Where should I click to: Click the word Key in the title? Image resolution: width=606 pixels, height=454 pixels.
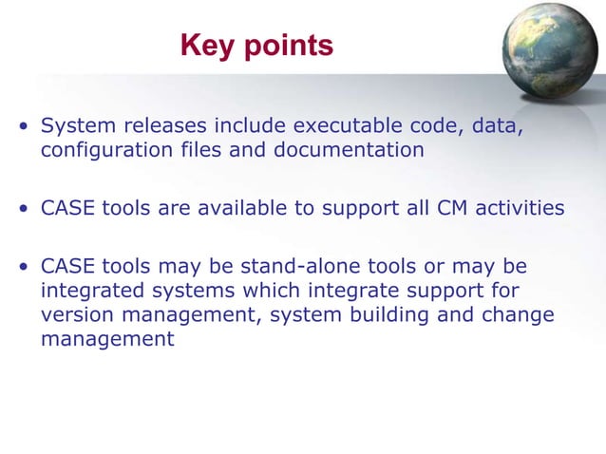coord(207,45)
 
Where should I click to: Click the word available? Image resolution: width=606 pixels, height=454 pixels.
coord(245,208)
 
